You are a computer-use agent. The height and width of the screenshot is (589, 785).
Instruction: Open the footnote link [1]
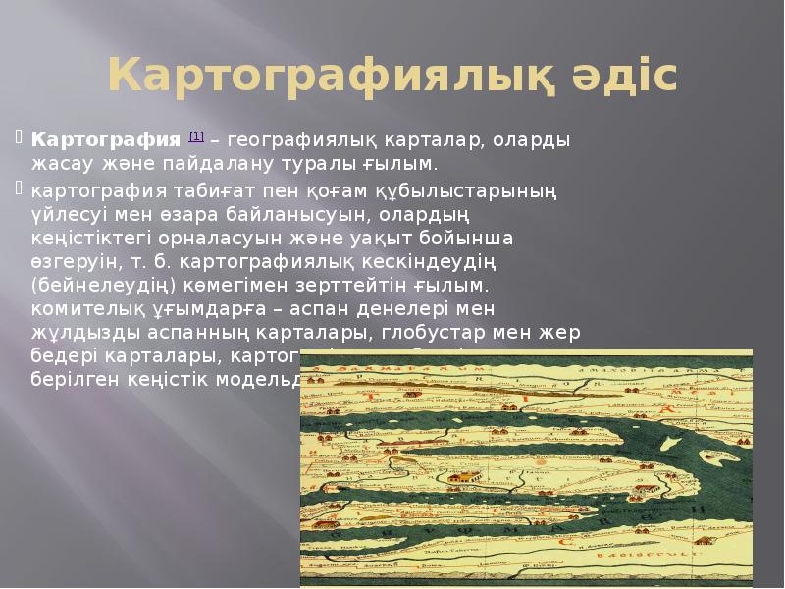tap(196, 135)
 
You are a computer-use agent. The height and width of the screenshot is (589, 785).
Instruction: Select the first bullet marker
tap(21, 137)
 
